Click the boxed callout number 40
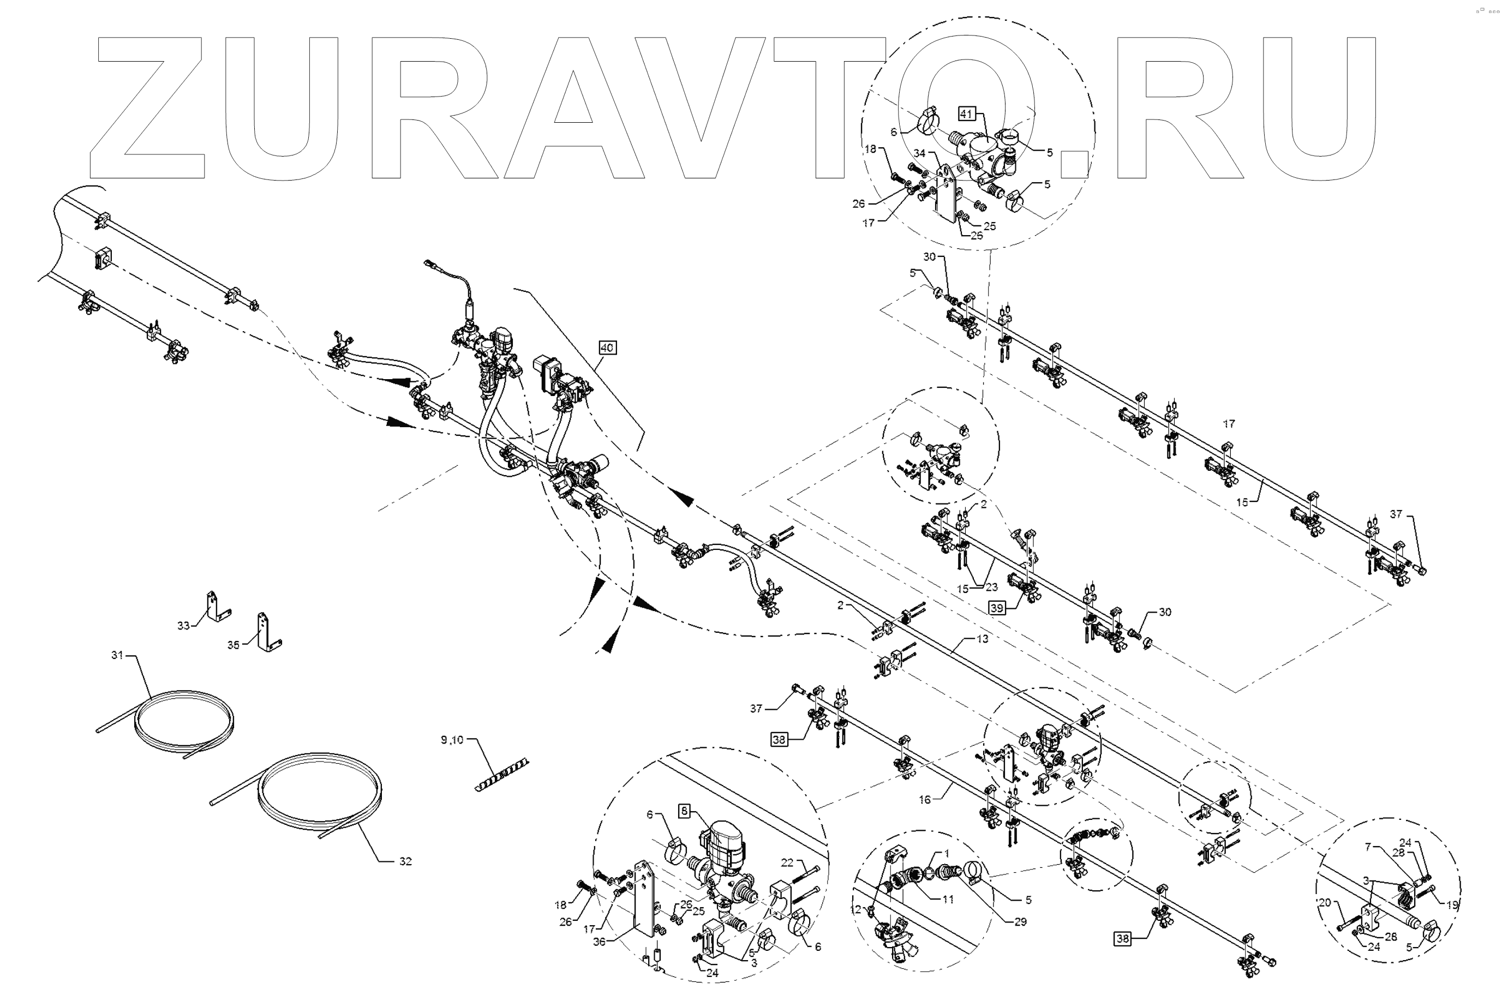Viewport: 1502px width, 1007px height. tap(607, 347)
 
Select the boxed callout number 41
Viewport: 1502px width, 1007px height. tap(966, 113)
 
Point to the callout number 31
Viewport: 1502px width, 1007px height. tap(117, 655)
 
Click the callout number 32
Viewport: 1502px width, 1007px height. tap(405, 861)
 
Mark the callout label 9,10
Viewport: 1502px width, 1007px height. tap(451, 740)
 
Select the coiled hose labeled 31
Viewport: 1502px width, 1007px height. tap(183, 720)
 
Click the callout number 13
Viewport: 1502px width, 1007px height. tap(983, 639)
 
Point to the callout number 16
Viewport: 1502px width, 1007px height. tap(925, 800)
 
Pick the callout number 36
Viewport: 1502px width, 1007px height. tap(600, 943)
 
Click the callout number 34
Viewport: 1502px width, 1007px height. tap(919, 153)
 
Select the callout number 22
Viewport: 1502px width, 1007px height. tap(787, 862)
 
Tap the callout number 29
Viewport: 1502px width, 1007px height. tap(1020, 921)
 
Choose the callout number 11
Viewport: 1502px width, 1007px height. tap(948, 899)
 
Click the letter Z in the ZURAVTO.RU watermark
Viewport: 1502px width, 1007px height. tap(148, 106)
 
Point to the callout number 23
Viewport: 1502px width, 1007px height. tap(992, 586)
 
